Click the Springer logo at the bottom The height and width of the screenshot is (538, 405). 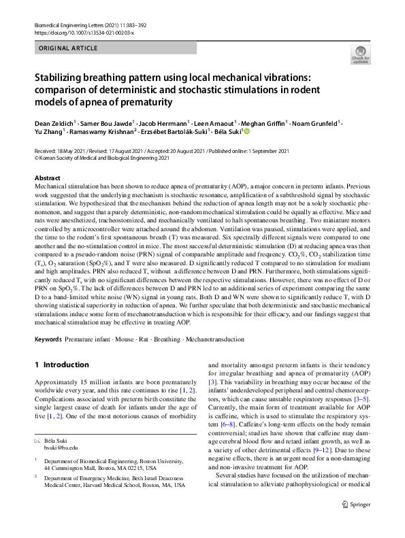(356, 523)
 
